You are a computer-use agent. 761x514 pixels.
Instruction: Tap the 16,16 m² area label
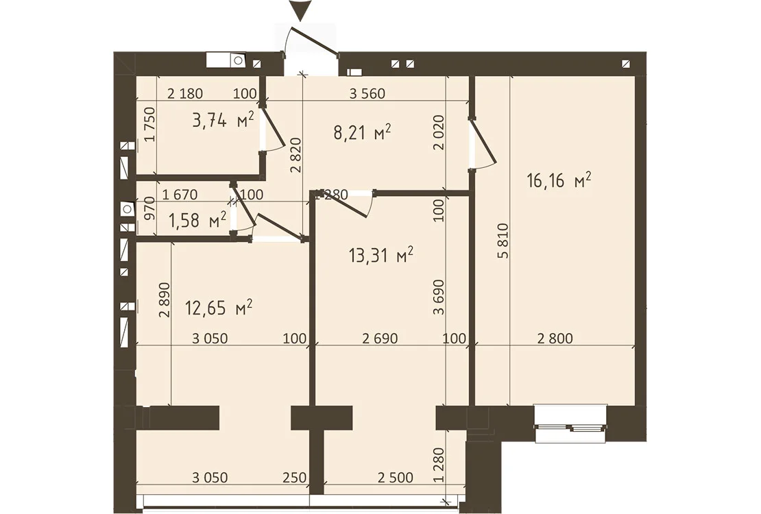point(559,181)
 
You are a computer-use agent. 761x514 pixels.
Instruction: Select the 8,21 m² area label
point(363,132)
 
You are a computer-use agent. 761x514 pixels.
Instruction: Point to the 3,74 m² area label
point(224,119)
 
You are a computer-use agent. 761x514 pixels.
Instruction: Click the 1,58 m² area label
point(197,220)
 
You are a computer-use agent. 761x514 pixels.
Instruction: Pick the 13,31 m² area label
point(381,255)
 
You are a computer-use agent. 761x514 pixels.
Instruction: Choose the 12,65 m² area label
point(219,307)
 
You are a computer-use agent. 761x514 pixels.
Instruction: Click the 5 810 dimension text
point(503,241)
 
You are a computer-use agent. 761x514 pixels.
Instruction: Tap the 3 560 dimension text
point(367,93)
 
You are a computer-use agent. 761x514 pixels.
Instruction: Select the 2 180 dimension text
point(185,93)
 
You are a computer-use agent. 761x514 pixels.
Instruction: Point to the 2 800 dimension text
point(555,338)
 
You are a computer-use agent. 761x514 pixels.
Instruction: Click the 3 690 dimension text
point(439,297)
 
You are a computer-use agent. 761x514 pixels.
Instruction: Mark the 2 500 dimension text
point(396,478)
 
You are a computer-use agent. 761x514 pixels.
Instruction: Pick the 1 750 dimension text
point(150,124)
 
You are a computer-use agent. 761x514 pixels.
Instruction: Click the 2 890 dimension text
point(165,299)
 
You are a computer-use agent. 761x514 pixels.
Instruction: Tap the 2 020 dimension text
point(439,132)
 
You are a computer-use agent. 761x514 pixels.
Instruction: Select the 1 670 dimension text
point(180,195)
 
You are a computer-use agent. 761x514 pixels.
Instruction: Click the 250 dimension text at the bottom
point(295,478)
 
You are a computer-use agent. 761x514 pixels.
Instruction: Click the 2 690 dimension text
point(380,338)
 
